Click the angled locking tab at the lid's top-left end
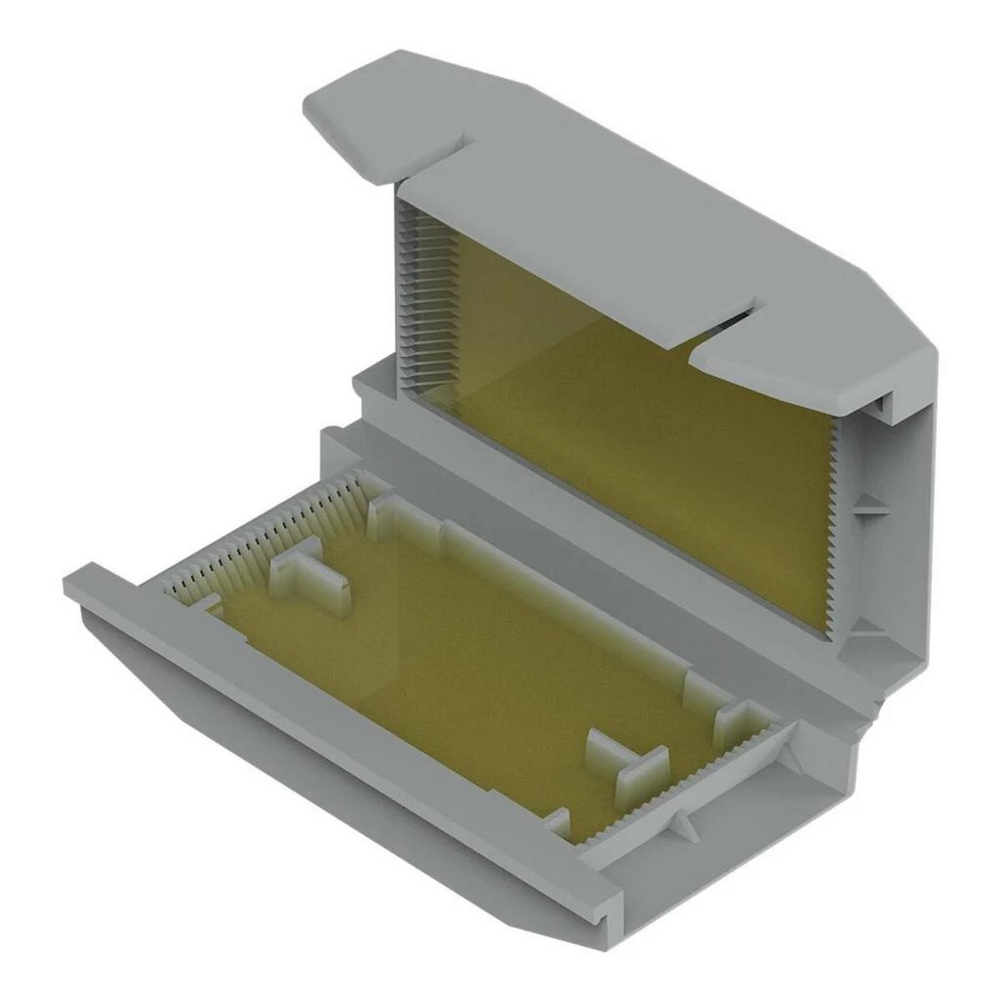pyautogui.click(x=367, y=117)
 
